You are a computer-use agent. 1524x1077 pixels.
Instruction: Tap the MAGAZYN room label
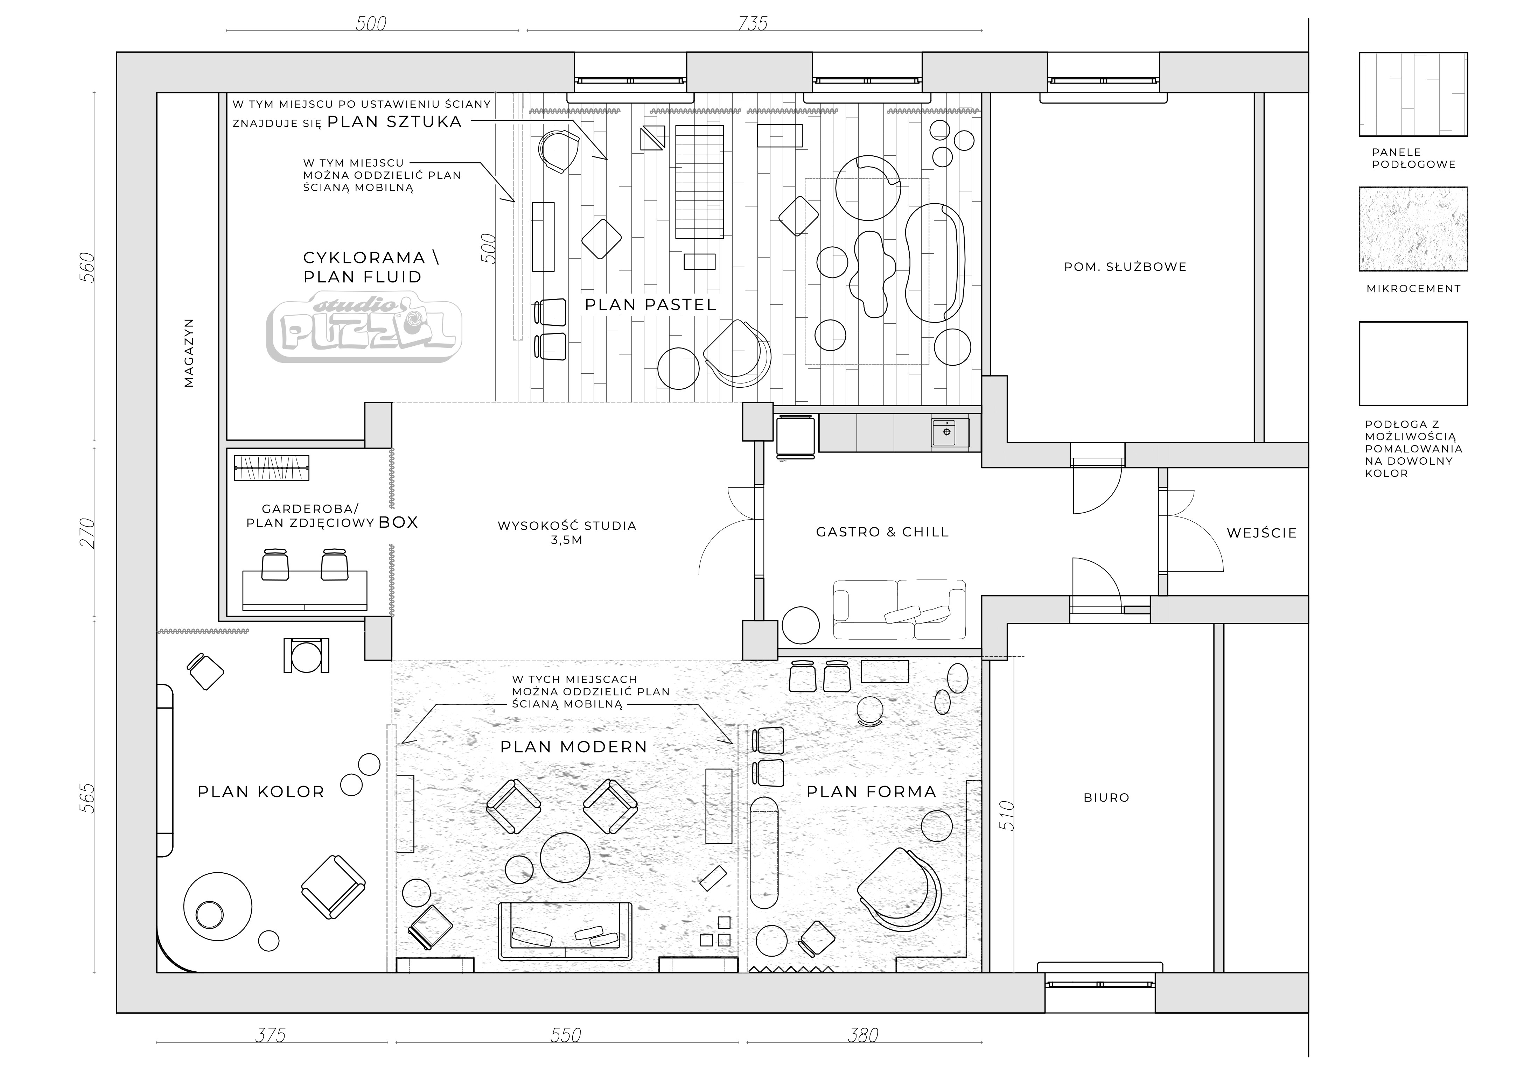[189, 353]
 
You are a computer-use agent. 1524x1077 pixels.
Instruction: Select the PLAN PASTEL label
[650, 304]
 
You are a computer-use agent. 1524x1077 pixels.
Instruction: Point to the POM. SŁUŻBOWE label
[1125, 267]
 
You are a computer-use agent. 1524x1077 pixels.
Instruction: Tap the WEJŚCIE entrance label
[1261, 533]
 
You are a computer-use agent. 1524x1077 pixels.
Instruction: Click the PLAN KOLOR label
[261, 792]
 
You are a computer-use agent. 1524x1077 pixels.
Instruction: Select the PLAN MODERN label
[573, 747]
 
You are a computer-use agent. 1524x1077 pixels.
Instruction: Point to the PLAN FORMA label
[871, 791]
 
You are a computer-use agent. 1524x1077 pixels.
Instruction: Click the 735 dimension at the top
[753, 24]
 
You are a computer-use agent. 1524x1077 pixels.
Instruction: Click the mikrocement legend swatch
[1413, 229]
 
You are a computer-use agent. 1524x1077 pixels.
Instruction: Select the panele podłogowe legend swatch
[1413, 94]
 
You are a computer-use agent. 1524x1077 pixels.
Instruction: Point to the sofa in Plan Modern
[565, 930]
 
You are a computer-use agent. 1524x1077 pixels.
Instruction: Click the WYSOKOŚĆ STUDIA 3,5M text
[567, 532]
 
